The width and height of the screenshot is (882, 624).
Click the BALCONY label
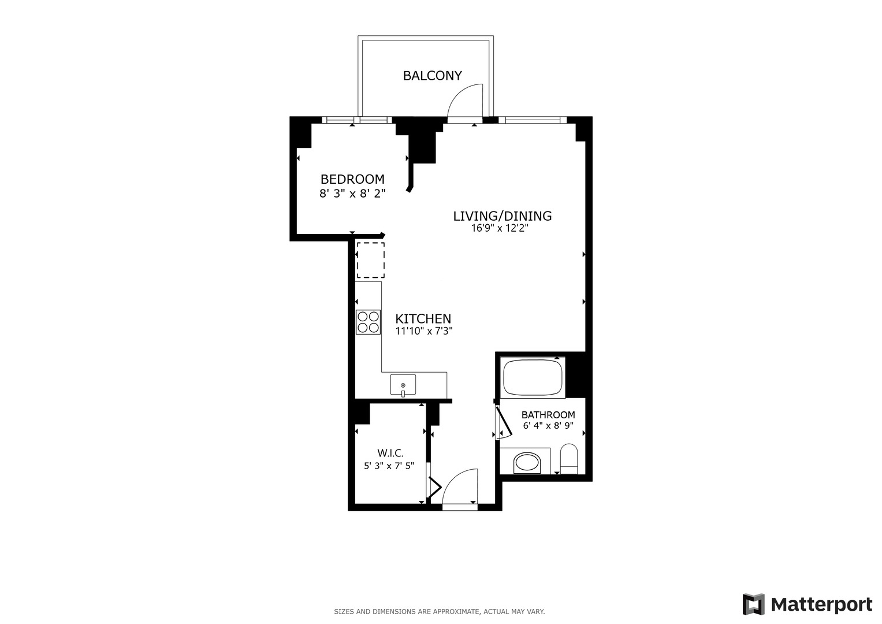tap(432, 76)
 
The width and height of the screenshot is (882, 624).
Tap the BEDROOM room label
tap(352, 179)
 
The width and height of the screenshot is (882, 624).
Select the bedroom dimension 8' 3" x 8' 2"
tap(352, 194)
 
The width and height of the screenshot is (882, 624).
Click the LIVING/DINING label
tap(502, 216)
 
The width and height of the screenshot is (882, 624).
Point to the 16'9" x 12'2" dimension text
tap(500, 228)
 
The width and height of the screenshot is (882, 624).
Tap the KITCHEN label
tap(423, 319)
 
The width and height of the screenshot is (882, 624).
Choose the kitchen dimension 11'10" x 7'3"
tap(423, 332)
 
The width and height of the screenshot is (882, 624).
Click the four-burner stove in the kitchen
tap(368, 322)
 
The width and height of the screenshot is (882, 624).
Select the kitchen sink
tap(403, 384)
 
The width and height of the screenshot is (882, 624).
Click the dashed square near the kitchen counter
tap(370, 260)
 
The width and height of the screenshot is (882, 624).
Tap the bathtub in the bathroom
tap(533, 377)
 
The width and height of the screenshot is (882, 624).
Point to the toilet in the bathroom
tap(569, 458)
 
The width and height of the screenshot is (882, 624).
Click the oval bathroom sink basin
tap(527, 462)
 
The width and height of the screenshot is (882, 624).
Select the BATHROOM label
tap(548, 415)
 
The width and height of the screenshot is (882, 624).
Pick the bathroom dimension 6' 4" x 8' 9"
tap(548, 426)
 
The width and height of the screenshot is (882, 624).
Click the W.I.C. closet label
tap(390, 454)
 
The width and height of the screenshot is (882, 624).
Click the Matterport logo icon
tap(754, 604)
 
